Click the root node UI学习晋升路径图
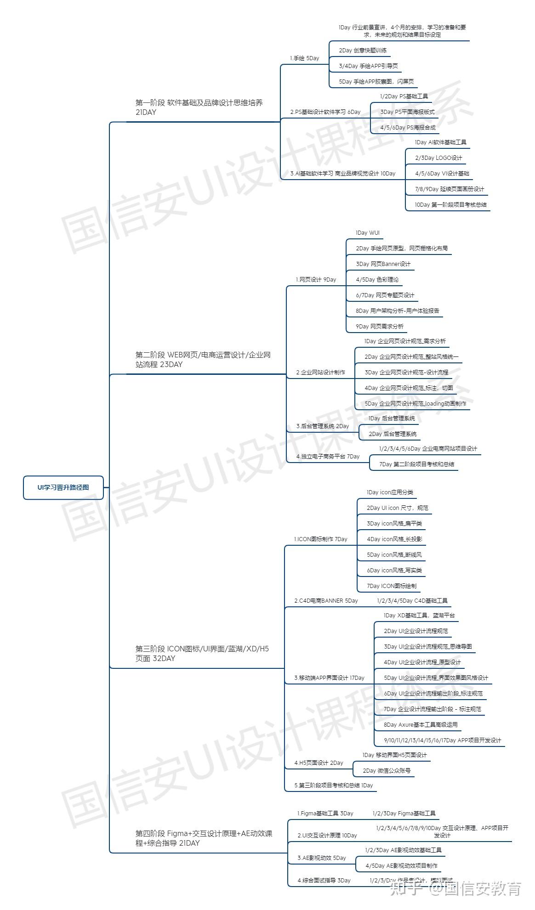pyautogui.click(x=63, y=487)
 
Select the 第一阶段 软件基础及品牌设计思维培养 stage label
pyautogui.click(x=199, y=107)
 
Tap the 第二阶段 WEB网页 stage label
pyautogui.click(x=203, y=360)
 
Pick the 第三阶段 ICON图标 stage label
pyautogui.click(x=202, y=654)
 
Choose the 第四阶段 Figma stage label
pyautogui.click(x=204, y=838)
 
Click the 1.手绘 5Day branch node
pyautogui.click(x=304, y=58)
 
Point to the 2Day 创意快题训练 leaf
pyautogui.click(x=363, y=51)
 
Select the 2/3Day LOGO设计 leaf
pyautogui.click(x=438, y=158)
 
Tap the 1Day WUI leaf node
pyautogui.click(x=368, y=233)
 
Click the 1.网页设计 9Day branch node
pyautogui.click(x=316, y=279)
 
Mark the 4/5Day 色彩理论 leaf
pyautogui.click(x=377, y=279)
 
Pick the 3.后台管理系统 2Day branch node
pyautogui.click(x=322, y=426)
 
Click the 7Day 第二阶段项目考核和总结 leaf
pyautogui.click(x=416, y=464)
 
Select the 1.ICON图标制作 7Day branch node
pyautogui.click(x=320, y=539)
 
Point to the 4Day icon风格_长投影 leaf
pyautogui.click(x=394, y=539)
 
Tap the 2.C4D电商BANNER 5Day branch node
pyautogui.click(x=326, y=600)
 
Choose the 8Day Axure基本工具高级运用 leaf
pyautogui.click(x=421, y=724)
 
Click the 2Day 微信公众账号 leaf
pyautogui.click(x=387, y=770)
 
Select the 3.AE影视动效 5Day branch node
pyautogui.click(x=321, y=858)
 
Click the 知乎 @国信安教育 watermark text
pyautogui.click(x=455, y=889)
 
